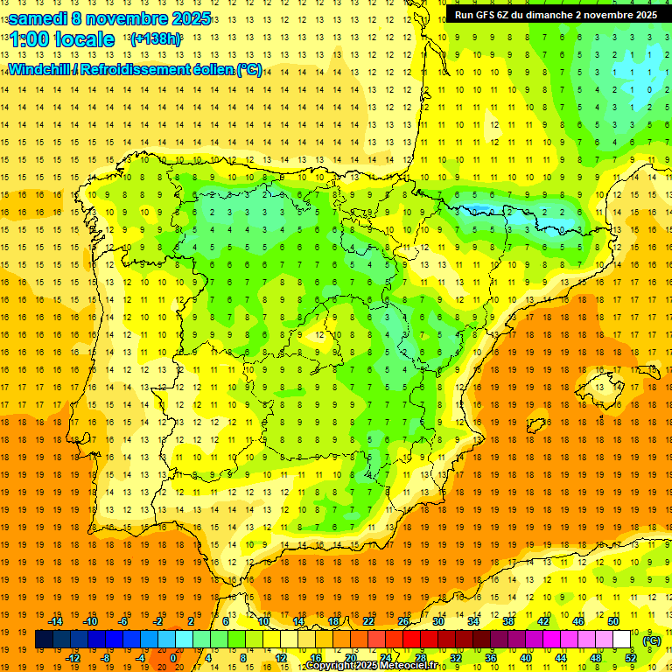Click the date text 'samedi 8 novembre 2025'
109,18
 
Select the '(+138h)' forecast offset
155,39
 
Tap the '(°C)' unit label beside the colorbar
651,640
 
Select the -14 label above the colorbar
55,621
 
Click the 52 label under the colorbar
631,658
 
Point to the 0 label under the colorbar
172,658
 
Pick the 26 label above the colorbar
403,621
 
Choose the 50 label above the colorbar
613,621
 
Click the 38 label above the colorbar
508,621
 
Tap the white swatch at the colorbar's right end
622,640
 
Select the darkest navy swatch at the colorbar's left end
44,640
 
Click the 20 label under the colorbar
351,658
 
